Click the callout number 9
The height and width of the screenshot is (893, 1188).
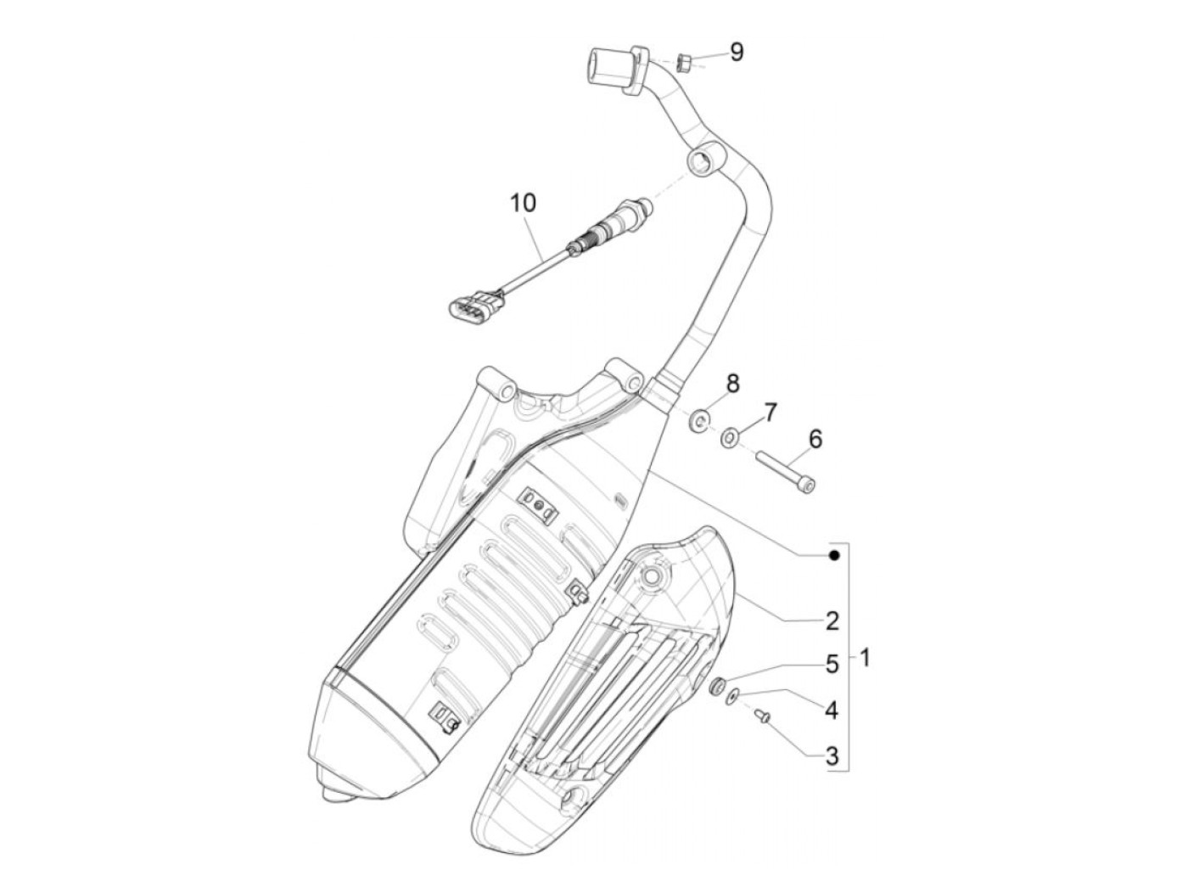[x=737, y=53]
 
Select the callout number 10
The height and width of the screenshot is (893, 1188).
[x=524, y=203]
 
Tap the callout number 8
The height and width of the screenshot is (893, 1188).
[x=731, y=383]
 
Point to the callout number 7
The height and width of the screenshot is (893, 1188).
[x=769, y=413]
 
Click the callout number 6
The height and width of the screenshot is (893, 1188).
[x=815, y=439]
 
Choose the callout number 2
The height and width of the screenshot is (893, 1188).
[x=831, y=621]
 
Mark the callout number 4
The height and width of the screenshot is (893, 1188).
[x=831, y=710]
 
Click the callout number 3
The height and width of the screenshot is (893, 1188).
[x=831, y=755]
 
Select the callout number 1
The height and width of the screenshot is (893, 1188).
[x=865, y=657]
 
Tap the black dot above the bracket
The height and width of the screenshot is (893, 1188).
[x=834, y=555]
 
